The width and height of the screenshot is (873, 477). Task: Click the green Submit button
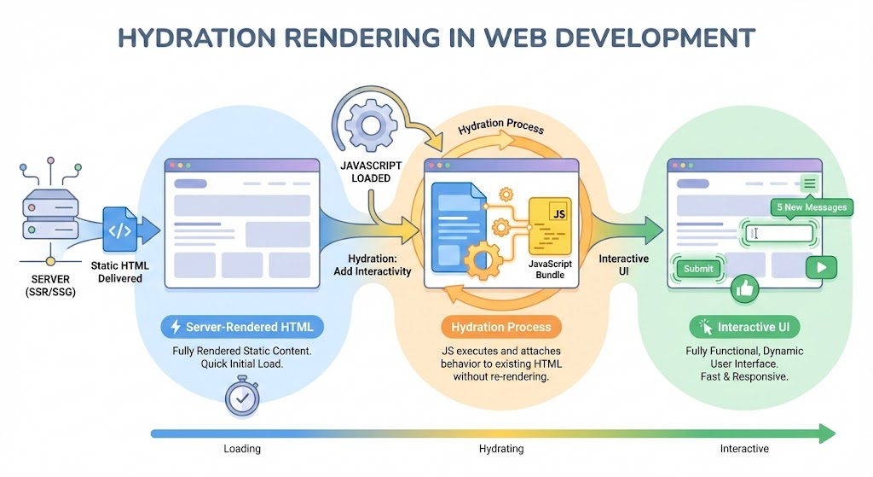tap(698, 269)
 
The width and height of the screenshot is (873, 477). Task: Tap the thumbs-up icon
tap(744, 289)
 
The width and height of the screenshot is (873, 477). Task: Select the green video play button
tap(821, 267)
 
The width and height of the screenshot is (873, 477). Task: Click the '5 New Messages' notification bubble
tap(812, 207)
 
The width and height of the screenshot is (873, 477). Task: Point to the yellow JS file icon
tap(549, 221)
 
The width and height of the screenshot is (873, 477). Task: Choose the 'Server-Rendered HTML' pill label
tap(240, 327)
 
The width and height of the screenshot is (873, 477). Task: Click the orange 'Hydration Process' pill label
tap(500, 327)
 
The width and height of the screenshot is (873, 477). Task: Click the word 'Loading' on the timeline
tap(242, 448)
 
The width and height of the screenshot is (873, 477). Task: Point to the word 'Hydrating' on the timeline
tap(501, 448)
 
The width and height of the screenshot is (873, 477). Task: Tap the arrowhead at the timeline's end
tap(826, 433)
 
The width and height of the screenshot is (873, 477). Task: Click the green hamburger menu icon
tap(809, 183)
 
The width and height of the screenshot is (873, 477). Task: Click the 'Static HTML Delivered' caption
tap(119, 271)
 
